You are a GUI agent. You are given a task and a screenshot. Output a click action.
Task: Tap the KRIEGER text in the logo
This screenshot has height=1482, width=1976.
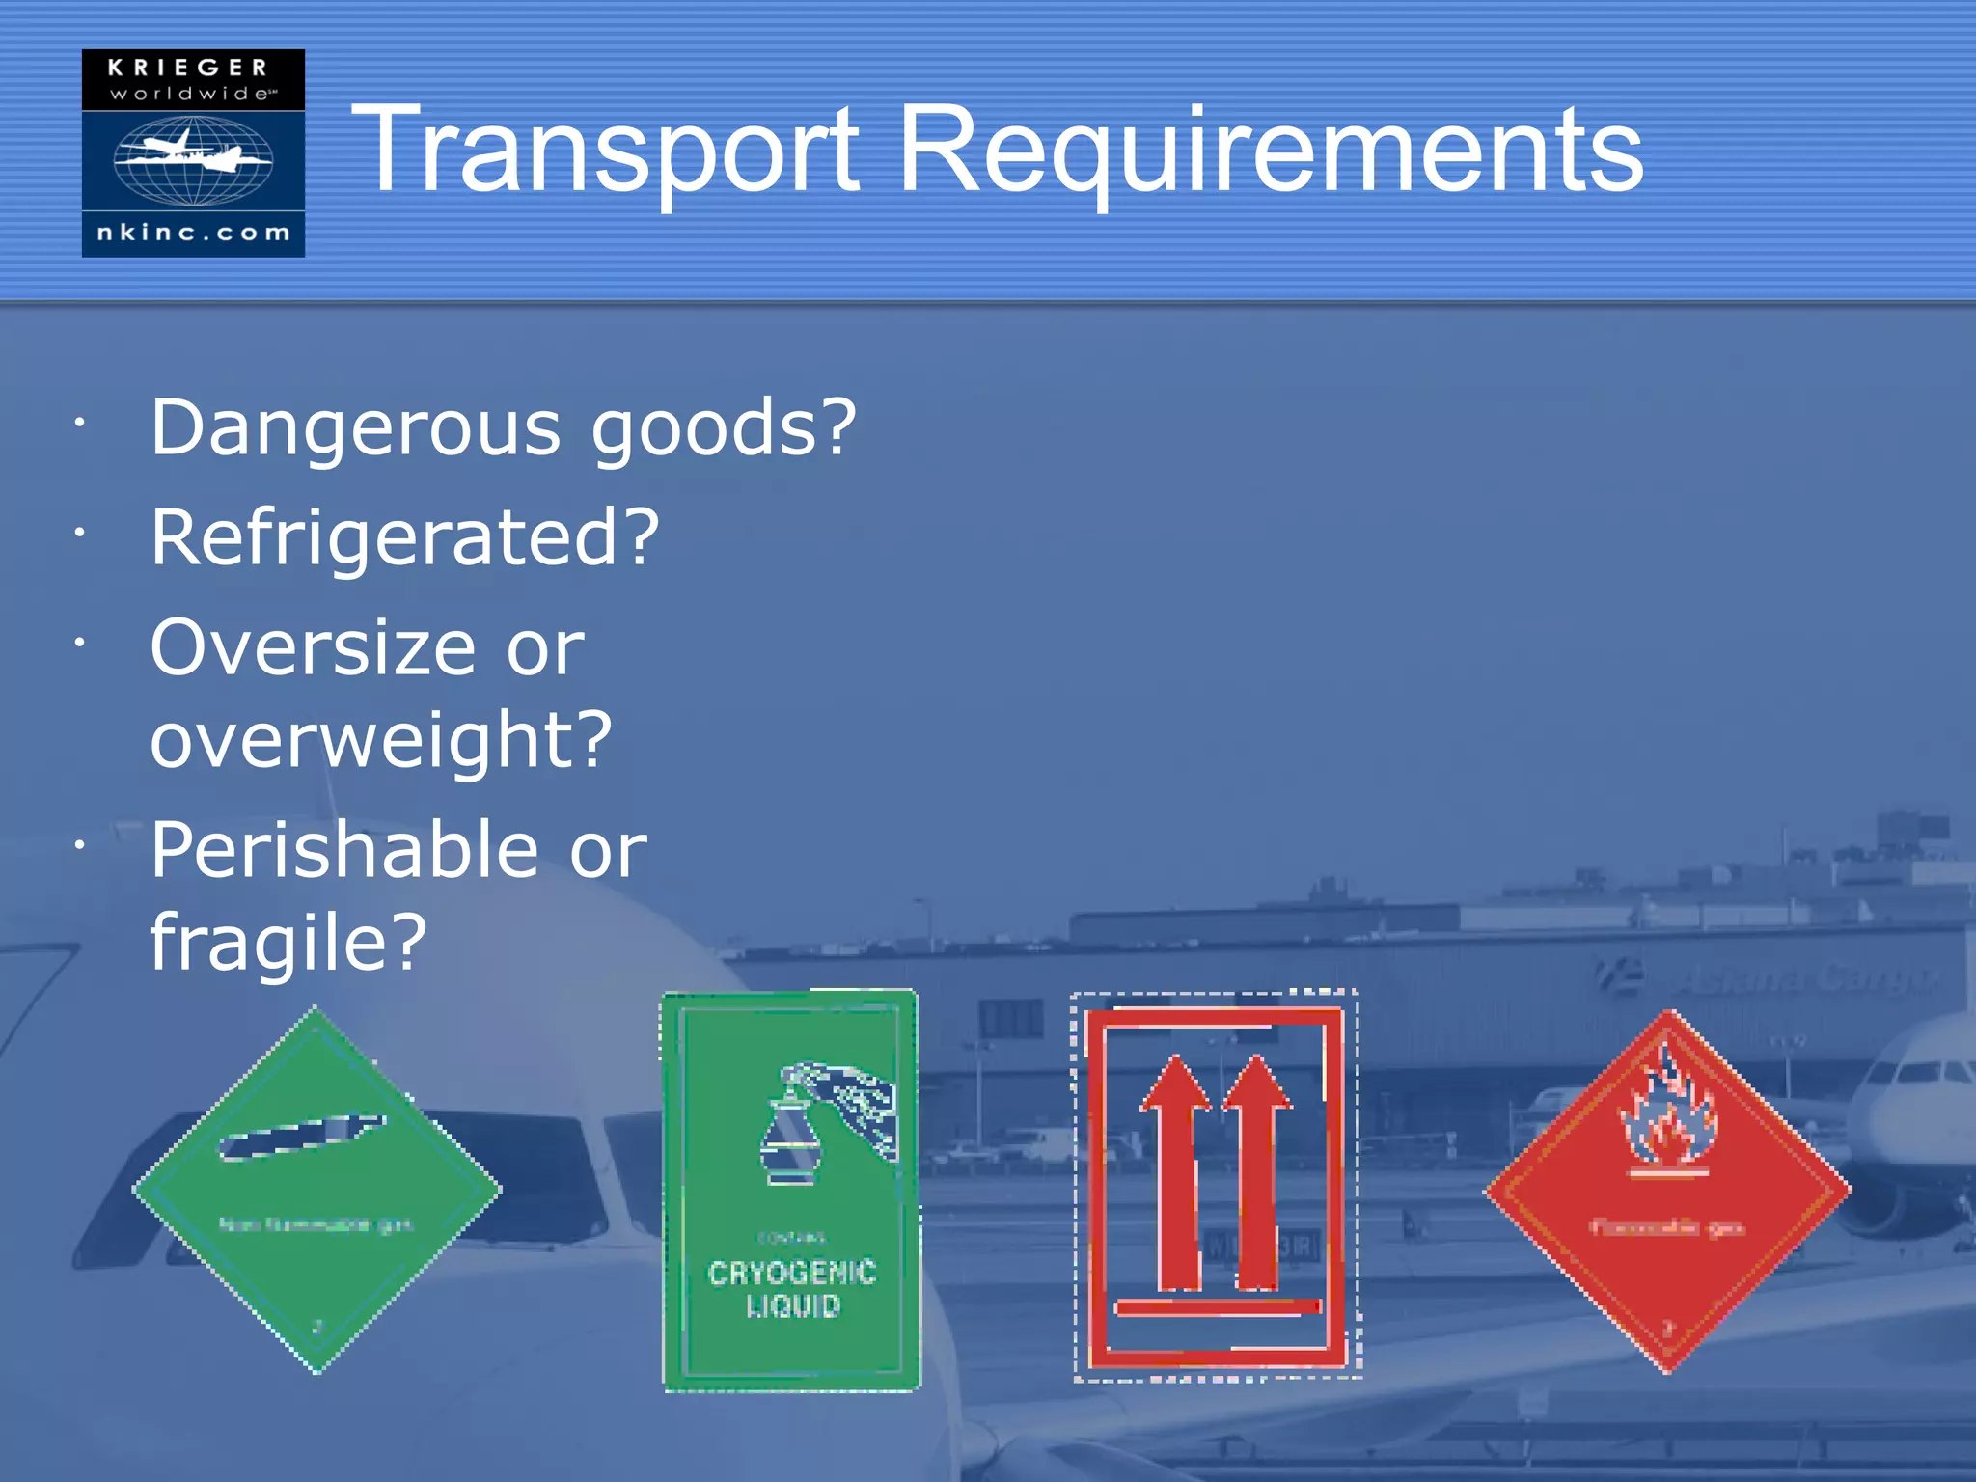point(188,68)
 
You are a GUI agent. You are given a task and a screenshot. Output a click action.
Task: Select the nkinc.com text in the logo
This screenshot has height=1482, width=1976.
point(193,233)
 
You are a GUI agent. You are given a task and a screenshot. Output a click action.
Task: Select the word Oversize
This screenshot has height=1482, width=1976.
point(314,647)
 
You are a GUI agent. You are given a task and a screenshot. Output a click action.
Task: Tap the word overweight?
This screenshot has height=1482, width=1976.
point(381,741)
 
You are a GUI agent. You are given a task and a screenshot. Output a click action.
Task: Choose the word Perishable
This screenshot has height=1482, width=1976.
point(344,850)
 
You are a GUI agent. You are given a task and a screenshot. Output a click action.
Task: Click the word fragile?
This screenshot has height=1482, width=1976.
point(288,943)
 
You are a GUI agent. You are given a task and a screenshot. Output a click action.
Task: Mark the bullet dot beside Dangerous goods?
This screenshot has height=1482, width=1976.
point(81,423)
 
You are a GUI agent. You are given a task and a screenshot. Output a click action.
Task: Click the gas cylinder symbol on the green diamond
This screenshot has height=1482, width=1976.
point(301,1138)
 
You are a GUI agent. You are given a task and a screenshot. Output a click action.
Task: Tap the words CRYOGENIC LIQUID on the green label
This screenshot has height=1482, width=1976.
point(792,1289)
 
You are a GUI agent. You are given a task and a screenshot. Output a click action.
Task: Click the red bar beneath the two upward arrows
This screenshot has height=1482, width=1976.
point(1218,1308)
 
